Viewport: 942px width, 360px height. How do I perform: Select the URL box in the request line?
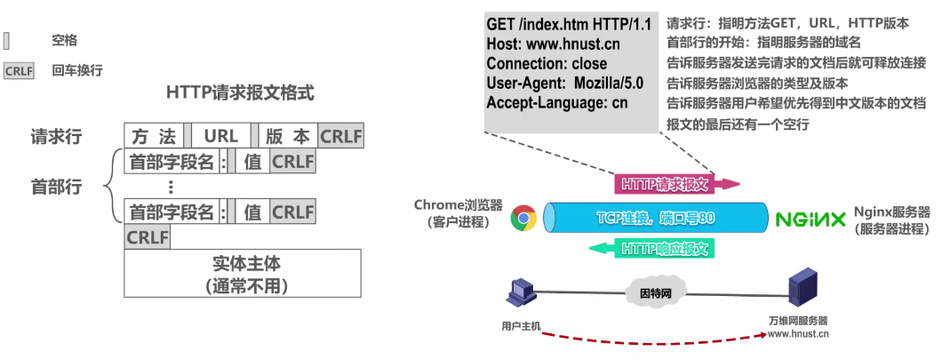(x=221, y=137)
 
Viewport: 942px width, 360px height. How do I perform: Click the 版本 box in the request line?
(x=288, y=137)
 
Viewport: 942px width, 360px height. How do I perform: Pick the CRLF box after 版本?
(x=340, y=137)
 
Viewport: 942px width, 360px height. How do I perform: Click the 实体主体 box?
(x=242, y=273)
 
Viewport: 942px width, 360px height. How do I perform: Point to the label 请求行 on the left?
(x=56, y=137)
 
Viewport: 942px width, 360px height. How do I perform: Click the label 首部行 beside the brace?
(x=56, y=188)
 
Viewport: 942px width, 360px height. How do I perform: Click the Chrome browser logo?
(x=523, y=219)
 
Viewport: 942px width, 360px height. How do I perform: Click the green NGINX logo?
(x=810, y=219)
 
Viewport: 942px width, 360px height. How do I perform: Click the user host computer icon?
(x=520, y=294)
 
